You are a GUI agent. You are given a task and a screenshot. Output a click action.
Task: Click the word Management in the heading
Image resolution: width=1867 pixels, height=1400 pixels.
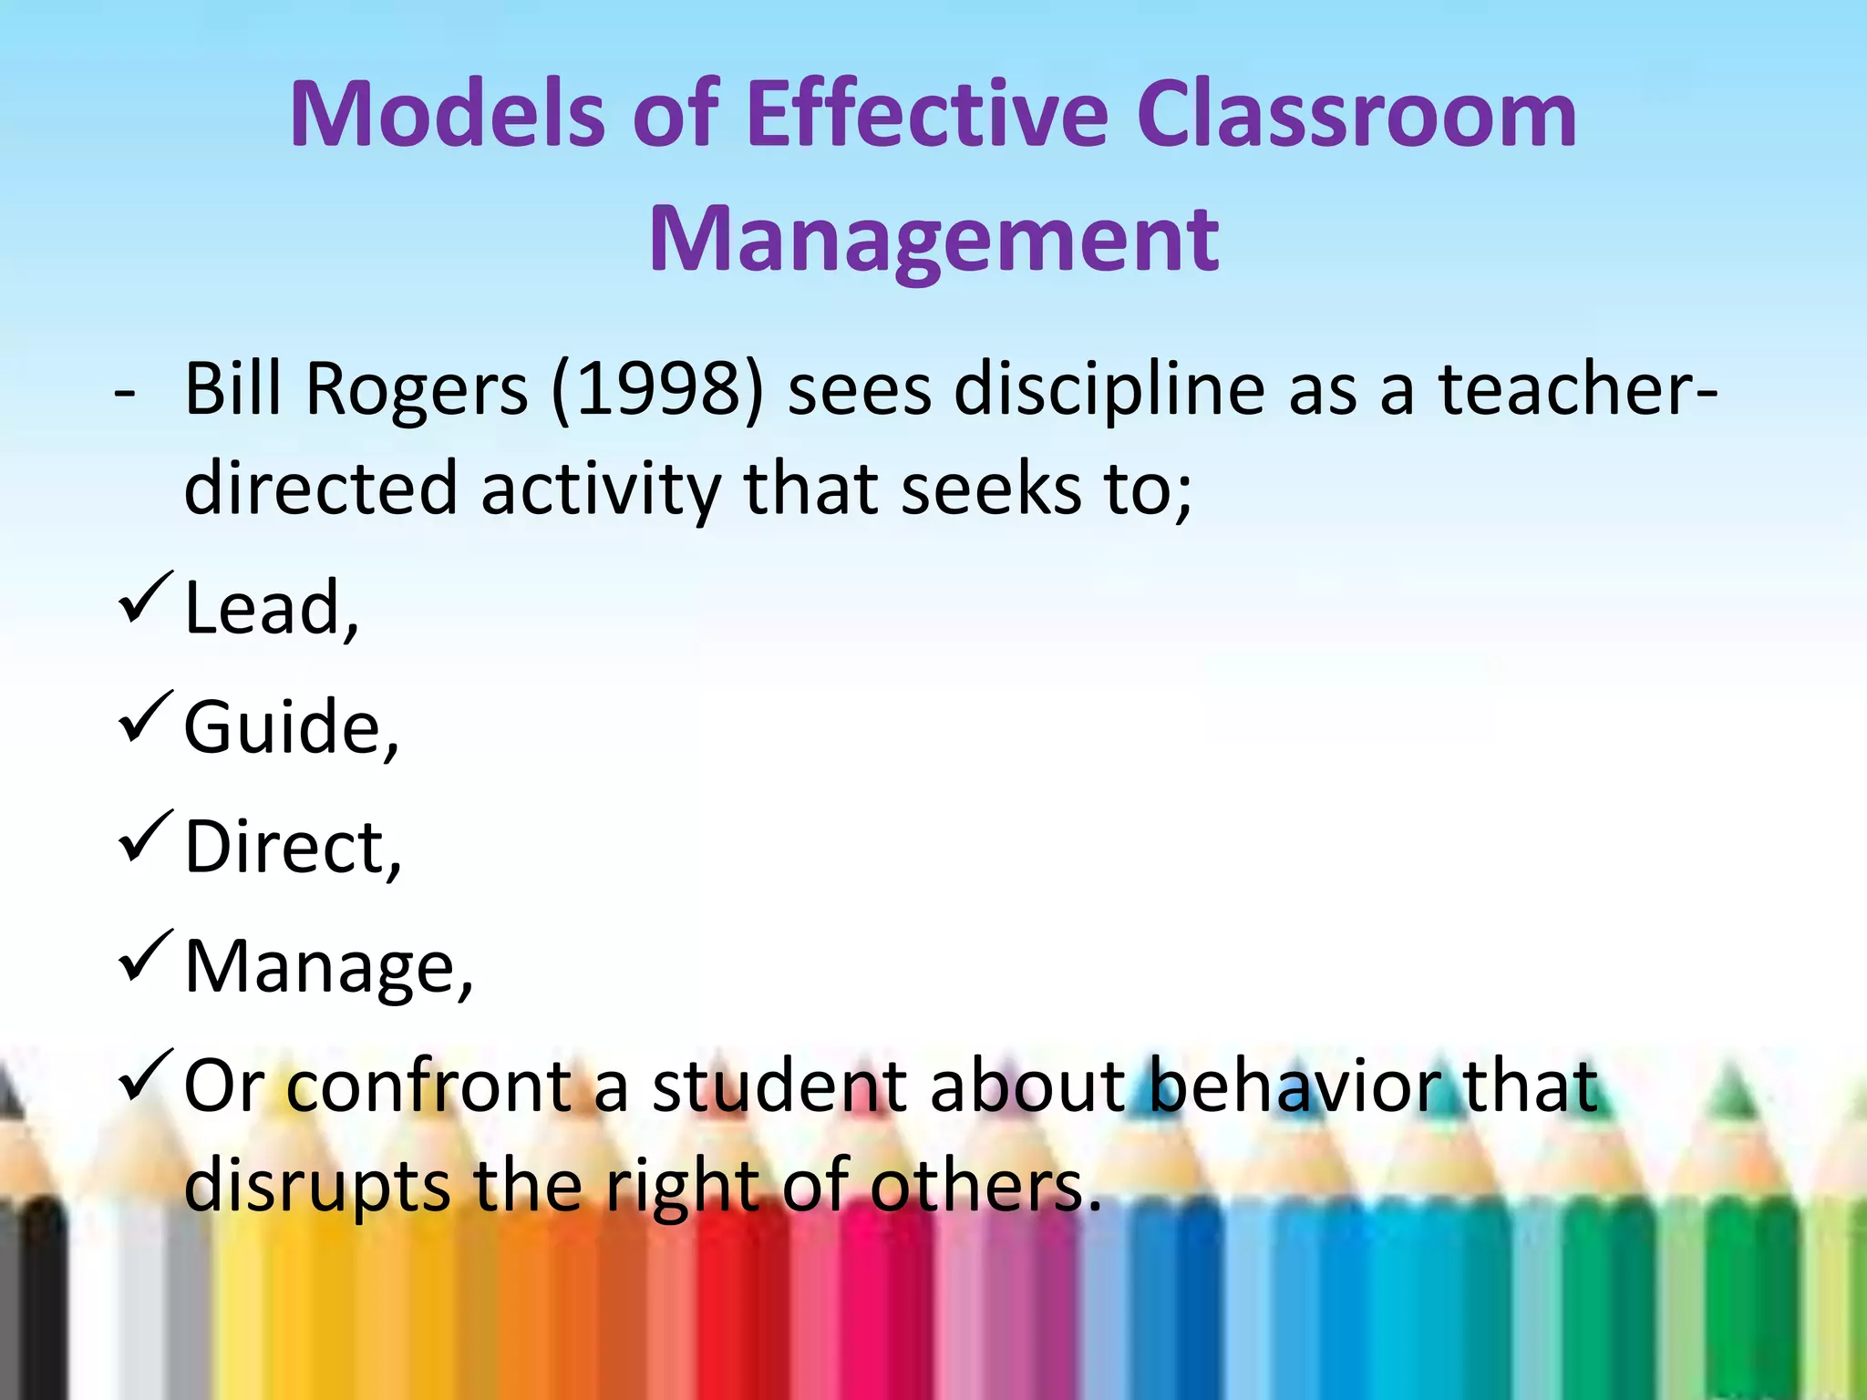tap(933, 240)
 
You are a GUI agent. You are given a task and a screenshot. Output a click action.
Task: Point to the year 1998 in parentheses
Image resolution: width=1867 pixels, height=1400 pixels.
tap(657, 390)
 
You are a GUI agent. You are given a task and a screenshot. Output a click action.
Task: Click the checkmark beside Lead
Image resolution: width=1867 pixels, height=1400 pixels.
tap(144, 598)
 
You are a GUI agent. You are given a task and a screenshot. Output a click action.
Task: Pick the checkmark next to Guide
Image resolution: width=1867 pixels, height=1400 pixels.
tap(144, 717)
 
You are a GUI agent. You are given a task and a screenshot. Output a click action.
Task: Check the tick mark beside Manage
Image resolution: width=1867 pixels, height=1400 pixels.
tap(144, 956)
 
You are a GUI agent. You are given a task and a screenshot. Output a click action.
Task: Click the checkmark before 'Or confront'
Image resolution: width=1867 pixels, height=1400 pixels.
tap(144, 1076)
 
